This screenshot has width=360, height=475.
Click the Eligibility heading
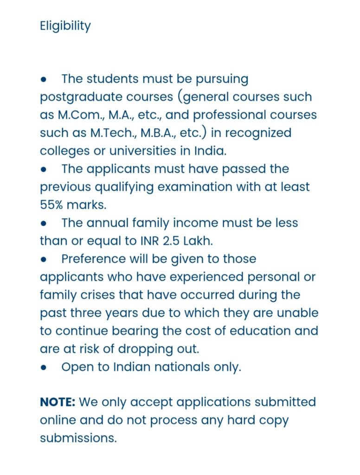65,26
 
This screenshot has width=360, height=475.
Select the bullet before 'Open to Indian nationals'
44,367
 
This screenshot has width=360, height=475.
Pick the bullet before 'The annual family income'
44,223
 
